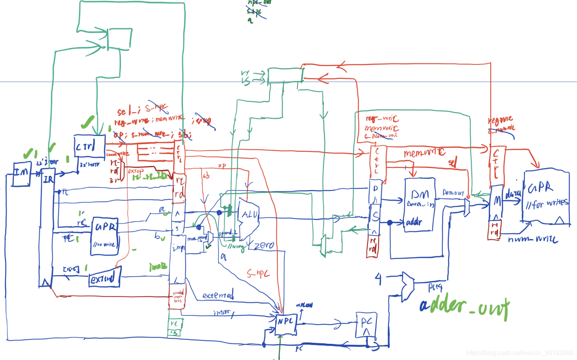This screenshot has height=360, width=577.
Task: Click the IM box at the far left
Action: tap(21, 173)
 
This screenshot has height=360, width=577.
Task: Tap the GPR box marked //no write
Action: tap(105, 236)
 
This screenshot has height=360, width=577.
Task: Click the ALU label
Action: tap(250, 215)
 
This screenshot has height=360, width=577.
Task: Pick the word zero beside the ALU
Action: tap(264, 245)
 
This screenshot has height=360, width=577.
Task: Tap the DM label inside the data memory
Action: tap(420, 194)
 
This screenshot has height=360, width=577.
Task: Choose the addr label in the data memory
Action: tap(414, 222)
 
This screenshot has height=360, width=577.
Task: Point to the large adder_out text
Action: tap(464, 307)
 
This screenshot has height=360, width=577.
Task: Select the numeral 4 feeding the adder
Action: tap(378, 279)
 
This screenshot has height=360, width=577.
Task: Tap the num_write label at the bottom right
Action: tap(533, 239)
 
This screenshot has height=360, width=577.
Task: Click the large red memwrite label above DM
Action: tap(424, 153)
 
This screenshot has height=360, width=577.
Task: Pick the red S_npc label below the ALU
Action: tap(258, 273)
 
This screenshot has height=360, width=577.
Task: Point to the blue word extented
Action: tap(218, 295)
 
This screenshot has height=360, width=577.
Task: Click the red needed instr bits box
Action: tap(177, 296)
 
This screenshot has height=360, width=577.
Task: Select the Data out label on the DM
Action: tap(453, 192)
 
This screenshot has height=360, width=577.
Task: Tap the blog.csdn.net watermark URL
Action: tap(519, 352)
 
